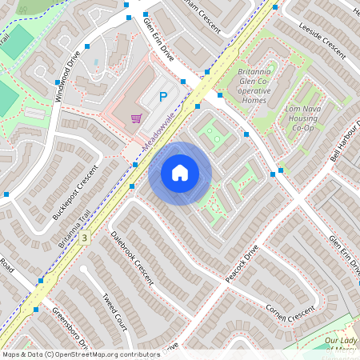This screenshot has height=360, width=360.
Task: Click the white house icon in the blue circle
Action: tap(179, 172)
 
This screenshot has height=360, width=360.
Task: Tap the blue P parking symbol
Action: tap(163, 98)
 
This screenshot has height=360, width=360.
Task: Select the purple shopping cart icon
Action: tap(136, 118)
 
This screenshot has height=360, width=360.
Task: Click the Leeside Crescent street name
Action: tap(322, 43)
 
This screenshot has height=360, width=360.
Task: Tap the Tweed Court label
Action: tap(115, 311)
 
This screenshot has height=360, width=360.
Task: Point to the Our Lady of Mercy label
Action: tap(342, 344)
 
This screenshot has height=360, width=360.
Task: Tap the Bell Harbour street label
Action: tap(345, 143)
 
